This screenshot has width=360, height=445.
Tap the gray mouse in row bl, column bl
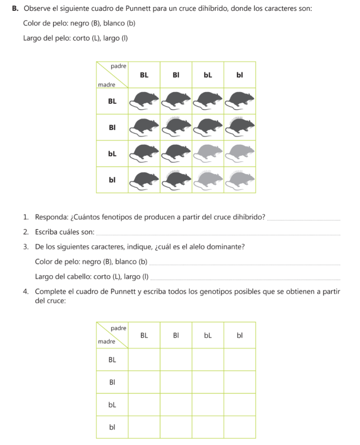[240, 179]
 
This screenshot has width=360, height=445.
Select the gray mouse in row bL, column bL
[208, 153]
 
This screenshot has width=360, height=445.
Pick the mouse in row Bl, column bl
[240, 127]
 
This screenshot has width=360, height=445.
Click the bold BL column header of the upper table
[144, 75]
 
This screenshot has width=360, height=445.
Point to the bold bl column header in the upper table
[240, 75]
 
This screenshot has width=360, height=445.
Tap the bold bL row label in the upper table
[112, 153]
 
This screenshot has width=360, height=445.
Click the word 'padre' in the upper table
[118, 66]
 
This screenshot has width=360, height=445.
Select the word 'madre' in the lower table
[107, 342]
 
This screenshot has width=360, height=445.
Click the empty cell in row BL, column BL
[144, 360]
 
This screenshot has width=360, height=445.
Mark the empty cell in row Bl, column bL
[208, 382]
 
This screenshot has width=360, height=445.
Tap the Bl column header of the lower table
[176, 335]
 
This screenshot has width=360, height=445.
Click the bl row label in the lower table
[112, 427]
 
